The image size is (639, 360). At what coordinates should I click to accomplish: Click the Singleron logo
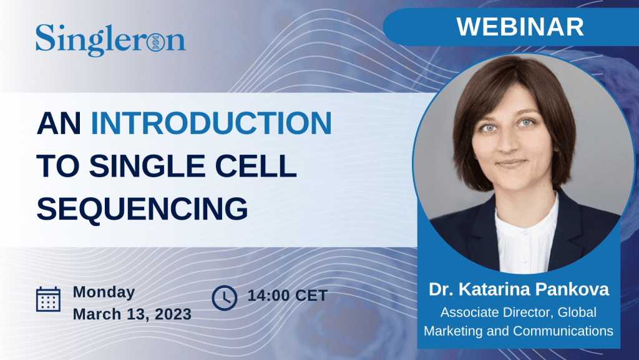click(110, 39)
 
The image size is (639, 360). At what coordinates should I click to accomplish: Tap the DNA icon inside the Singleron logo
click(155, 42)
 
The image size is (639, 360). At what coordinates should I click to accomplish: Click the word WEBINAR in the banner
click(520, 27)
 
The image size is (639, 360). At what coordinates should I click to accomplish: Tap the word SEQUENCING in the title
click(142, 208)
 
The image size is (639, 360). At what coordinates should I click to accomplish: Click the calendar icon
click(49, 299)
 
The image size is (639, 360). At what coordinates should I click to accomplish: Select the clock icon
click(225, 298)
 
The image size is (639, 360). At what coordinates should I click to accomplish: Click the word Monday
click(104, 293)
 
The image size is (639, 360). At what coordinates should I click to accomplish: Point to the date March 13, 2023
click(132, 314)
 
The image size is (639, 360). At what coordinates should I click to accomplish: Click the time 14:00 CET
click(288, 296)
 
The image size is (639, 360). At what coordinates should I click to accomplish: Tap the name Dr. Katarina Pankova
click(519, 289)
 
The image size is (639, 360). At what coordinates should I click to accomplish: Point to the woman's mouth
click(511, 163)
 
